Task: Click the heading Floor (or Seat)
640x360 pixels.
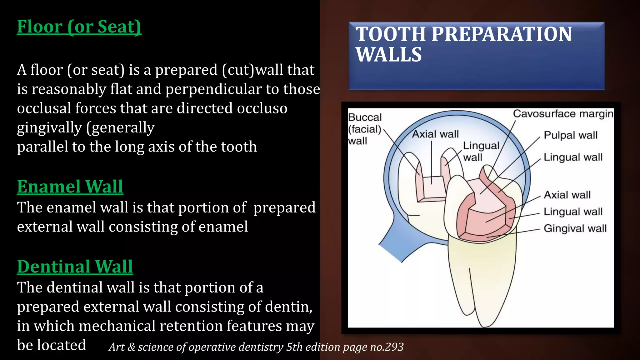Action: pyautogui.click(x=79, y=27)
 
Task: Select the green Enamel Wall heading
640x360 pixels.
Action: pyautogui.click(x=70, y=187)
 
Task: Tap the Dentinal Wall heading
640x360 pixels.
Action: pyautogui.click(x=75, y=267)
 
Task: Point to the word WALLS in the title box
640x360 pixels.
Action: pyautogui.click(x=389, y=55)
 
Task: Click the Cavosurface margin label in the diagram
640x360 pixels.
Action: pyautogui.click(x=563, y=114)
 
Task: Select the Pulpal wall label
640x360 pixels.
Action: pyautogui.click(x=570, y=135)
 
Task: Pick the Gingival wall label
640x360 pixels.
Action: pyautogui.click(x=575, y=228)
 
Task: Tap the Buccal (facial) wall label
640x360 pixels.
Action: pyautogui.click(x=365, y=129)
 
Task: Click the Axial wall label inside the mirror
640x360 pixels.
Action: pyautogui.click(x=435, y=134)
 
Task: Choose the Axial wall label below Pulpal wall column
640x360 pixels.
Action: pyautogui.click(x=567, y=195)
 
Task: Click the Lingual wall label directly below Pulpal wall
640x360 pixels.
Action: pyautogui.click(x=573, y=157)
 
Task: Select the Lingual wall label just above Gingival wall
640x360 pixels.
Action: pyautogui.click(x=573, y=212)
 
